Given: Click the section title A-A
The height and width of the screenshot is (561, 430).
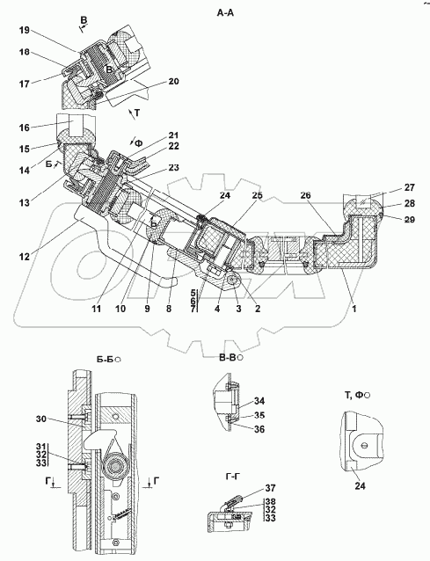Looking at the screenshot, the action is coord(225,13).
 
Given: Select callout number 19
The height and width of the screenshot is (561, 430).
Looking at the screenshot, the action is coord(25,30).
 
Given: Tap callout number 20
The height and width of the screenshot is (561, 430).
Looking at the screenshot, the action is coord(173,82).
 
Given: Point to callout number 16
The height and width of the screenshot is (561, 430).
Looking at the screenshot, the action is coord(25,127).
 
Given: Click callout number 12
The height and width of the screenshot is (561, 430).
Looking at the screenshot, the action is coord(25,256).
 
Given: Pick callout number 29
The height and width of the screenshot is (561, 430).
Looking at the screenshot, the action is coord(409,219).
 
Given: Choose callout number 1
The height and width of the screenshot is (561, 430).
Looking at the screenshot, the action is coord(354,308).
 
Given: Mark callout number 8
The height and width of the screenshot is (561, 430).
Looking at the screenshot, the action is coord(169,308).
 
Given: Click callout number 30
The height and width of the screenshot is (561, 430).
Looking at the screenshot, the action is coord(41,419).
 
